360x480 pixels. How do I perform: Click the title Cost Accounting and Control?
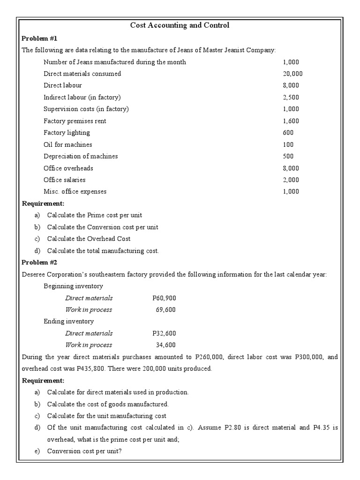pos(180,25)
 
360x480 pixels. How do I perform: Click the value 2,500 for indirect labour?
pos(291,97)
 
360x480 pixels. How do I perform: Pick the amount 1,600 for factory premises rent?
pos(291,121)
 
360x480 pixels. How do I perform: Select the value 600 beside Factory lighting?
pos(288,133)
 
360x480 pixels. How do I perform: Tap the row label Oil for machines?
pos(67,144)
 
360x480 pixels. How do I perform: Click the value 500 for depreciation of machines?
pos(288,156)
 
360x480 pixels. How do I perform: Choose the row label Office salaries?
pos(65,180)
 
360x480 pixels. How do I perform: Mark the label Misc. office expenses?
pos(75,191)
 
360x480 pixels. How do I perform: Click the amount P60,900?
pos(164,298)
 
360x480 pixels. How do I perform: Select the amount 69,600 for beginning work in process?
pos(165,310)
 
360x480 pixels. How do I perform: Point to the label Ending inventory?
pos(68,322)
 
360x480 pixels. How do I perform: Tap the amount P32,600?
pos(164,333)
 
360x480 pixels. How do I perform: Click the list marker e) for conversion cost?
pos(37,451)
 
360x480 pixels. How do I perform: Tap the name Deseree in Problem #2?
pos(34,274)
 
